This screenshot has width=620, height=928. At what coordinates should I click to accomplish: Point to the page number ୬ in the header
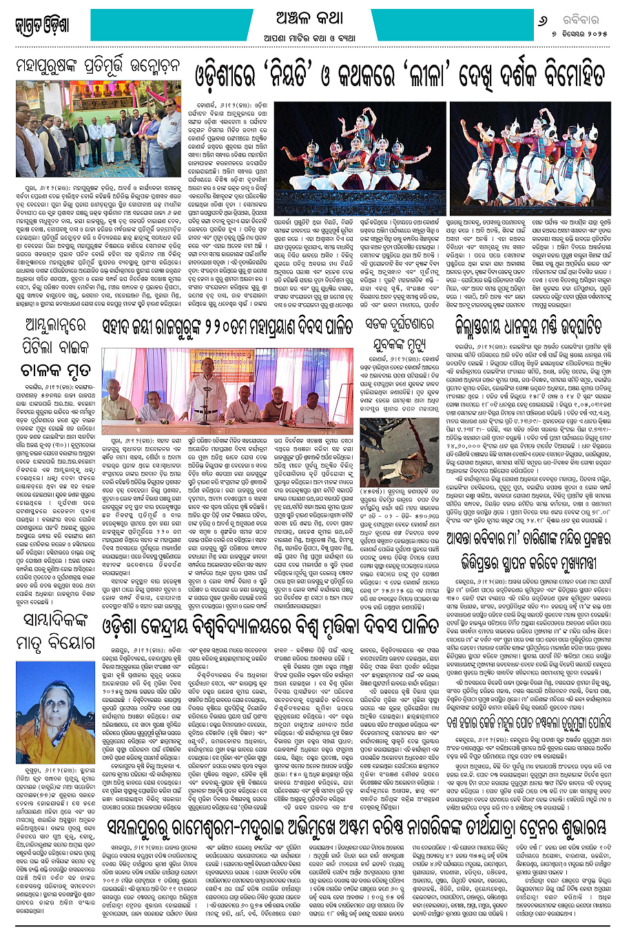point(541,20)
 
